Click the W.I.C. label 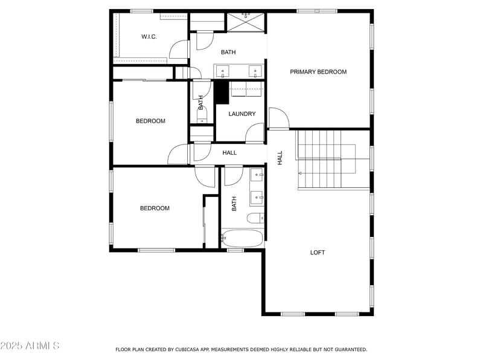click(x=149, y=37)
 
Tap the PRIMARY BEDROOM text click(x=318, y=72)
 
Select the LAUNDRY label click(x=241, y=114)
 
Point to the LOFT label click(x=318, y=253)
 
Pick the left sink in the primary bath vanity click(x=223, y=72)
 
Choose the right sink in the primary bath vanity click(x=255, y=72)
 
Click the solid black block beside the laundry click(x=221, y=92)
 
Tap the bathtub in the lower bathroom click(x=242, y=238)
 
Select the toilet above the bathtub click(x=255, y=218)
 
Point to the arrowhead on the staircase click(x=300, y=173)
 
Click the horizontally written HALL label click(x=229, y=153)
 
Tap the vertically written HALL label click(x=280, y=158)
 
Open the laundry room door click(x=255, y=133)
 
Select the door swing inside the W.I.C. click(x=179, y=50)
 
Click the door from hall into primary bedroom click(x=278, y=118)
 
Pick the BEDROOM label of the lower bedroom click(x=155, y=208)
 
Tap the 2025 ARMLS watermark click(x=30, y=346)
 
